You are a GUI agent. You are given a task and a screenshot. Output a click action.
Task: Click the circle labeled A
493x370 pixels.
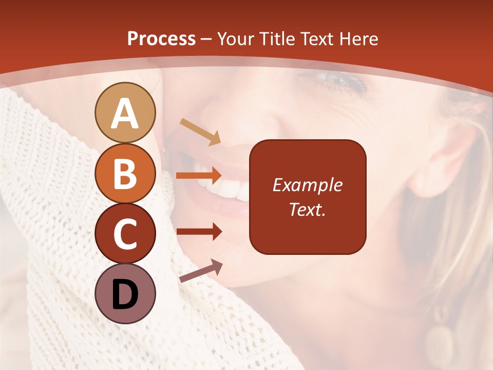coord(125,113)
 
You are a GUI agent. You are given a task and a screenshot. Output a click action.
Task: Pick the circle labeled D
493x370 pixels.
coord(125,293)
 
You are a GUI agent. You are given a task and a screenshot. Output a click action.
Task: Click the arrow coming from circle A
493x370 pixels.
coord(200,131)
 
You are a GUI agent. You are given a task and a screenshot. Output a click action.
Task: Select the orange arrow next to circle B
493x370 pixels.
coord(199,175)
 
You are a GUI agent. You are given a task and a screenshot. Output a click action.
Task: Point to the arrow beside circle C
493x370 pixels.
coord(199,232)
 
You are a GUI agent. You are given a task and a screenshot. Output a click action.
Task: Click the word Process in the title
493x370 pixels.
coord(161,39)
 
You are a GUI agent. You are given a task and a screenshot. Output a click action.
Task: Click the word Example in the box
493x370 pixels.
coord(307,185)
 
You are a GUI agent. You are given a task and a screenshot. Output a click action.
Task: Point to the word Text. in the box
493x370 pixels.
coord(307,209)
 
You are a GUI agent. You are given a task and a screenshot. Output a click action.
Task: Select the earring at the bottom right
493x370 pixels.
coord(440,339)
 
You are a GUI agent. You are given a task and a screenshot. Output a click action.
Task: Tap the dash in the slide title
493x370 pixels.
coord(206,40)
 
